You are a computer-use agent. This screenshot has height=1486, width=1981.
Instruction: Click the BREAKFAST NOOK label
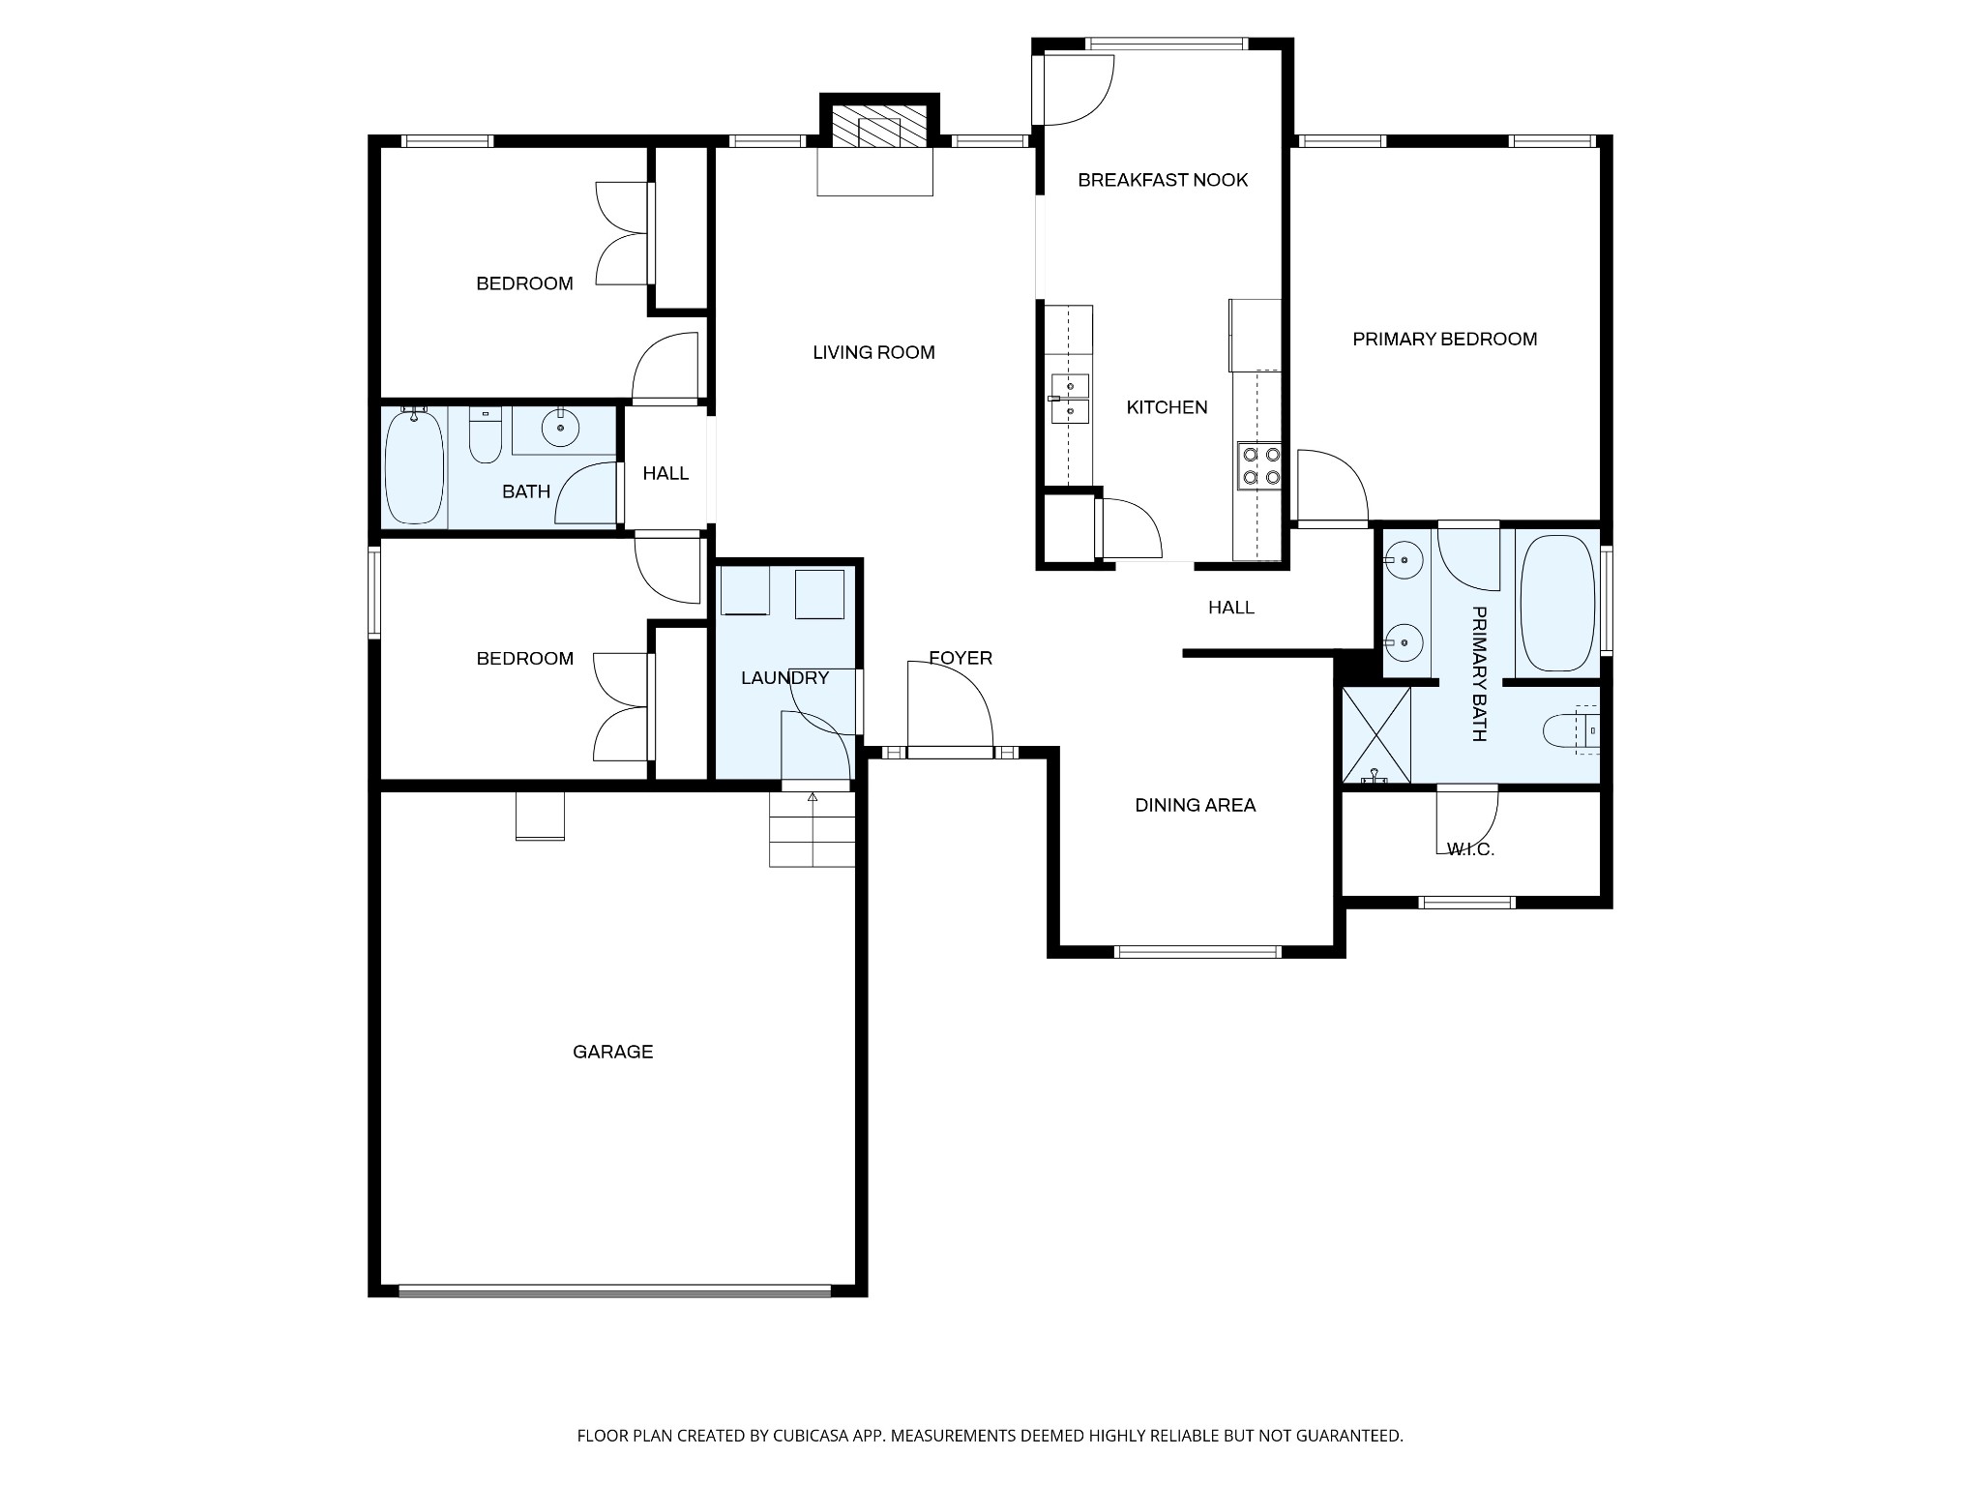[1162, 180]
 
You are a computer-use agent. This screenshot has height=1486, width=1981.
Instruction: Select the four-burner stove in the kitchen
[1259, 465]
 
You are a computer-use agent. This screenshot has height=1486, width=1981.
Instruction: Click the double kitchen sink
[1070, 399]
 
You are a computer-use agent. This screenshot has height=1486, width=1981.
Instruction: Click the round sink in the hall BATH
[560, 427]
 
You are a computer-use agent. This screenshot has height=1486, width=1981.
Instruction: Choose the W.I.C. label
[1470, 849]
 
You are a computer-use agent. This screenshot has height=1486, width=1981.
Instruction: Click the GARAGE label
[612, 1052]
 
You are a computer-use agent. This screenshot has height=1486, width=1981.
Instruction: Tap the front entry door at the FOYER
[950, 753]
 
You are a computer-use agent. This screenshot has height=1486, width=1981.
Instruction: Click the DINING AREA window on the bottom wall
[1197, 952]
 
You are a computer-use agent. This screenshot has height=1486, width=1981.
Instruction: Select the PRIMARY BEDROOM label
[1444, 340]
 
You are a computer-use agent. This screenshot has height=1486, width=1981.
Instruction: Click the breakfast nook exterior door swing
[1074, 90]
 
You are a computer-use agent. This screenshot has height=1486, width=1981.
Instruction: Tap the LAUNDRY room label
[784, 678]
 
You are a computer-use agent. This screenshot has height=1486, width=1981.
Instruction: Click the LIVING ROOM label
[873, 353]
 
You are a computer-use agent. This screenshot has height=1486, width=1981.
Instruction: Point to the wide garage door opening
[615, 1291]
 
